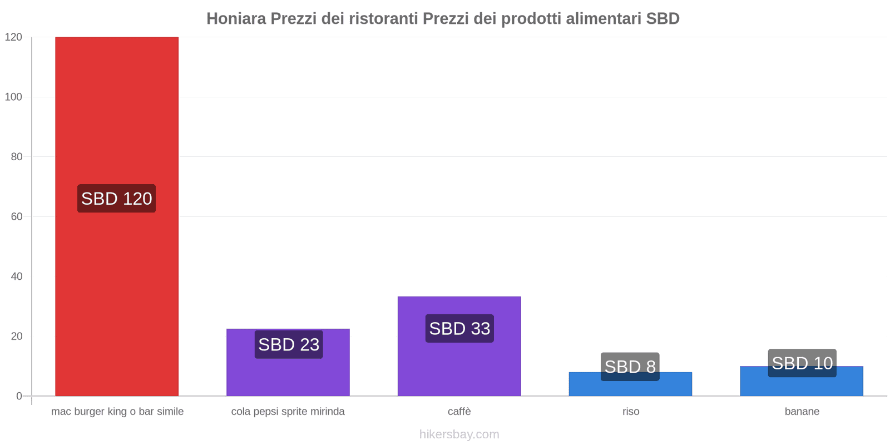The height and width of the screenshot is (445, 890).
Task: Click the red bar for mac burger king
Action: pyautogui.click(x=117, y=216)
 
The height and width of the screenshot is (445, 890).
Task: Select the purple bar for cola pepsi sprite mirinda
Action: pyautogui.click(x=288, y=362)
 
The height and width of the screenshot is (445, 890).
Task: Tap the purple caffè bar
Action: pyautogui.click(x=459, y=346)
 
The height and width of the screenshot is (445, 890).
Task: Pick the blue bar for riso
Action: pyautogui.click(x=631, y=384)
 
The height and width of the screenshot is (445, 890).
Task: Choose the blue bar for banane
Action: pyautogui.click(x=802, y=381)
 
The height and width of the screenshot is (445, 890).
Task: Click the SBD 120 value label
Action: pyautogui.click(x=116, y=198)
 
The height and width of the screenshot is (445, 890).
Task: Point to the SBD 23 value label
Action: pyautogui.click(x=289, y=344)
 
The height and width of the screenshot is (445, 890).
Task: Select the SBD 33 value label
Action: pyautogui.click(x=459, y=329)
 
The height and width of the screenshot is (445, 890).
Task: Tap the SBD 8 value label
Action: pyautogui.click(x=630, y=367)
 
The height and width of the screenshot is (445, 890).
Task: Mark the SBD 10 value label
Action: pyautogui.click(x=802, y=363)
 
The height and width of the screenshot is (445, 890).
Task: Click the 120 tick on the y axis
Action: pyautogui.click(x=13, y=37)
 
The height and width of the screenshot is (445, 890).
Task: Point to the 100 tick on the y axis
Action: pyautogui.click(x=13, y=97)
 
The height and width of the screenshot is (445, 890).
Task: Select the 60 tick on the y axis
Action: pyautogui.click(x=17, y=216)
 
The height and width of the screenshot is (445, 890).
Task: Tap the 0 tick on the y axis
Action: pyautogui.click(x=19, y=396)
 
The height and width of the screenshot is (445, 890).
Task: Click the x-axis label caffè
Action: pyautogui.click(x=459, y=411)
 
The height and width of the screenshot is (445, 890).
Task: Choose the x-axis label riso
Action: pyautogui.click(x=631, y=411)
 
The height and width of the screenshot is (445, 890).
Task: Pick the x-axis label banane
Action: pyautogui.click(x=802, y=411)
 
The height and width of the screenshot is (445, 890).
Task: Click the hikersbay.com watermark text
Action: pyautogui.click(x=459, y=434)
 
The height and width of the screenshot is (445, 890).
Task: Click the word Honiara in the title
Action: pyautogui.click(x=236, y=19)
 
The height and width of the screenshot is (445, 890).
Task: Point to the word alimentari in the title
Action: pyautogui.click(x=604, y=19)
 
